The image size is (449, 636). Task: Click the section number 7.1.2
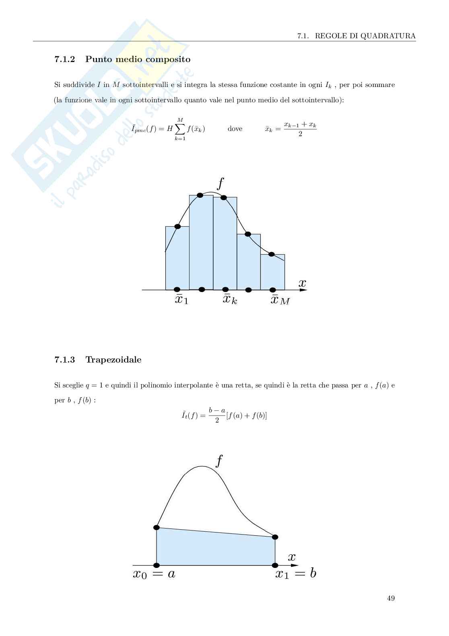tap(64, 60)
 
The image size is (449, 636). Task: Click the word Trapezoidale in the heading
tap(113, 360)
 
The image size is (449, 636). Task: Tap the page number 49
tap(391, 598)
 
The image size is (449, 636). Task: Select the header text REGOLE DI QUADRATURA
tap(365, 36)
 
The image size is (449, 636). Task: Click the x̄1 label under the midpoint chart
tap(181, 300)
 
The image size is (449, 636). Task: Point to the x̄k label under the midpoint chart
tap(230, 300)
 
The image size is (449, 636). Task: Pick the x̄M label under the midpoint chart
tap(280, 300)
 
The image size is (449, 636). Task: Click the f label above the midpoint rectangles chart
tap(220, 183)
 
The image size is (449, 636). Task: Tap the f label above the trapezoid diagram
tap(219, 460)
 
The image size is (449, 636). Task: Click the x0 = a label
tap(154, 574)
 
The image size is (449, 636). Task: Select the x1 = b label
tap(296, 574)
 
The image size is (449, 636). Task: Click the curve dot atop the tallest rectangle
tap(200, 195)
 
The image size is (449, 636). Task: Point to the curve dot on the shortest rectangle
tap(272, 254)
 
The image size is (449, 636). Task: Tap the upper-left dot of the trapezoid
tap(157, 527)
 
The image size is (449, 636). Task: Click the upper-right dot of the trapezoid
tap(275, 537)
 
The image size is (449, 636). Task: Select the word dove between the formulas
tap(235, 129)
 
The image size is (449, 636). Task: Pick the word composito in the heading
tap(168, 60)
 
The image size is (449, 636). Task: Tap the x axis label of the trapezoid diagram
tap(292, 557)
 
